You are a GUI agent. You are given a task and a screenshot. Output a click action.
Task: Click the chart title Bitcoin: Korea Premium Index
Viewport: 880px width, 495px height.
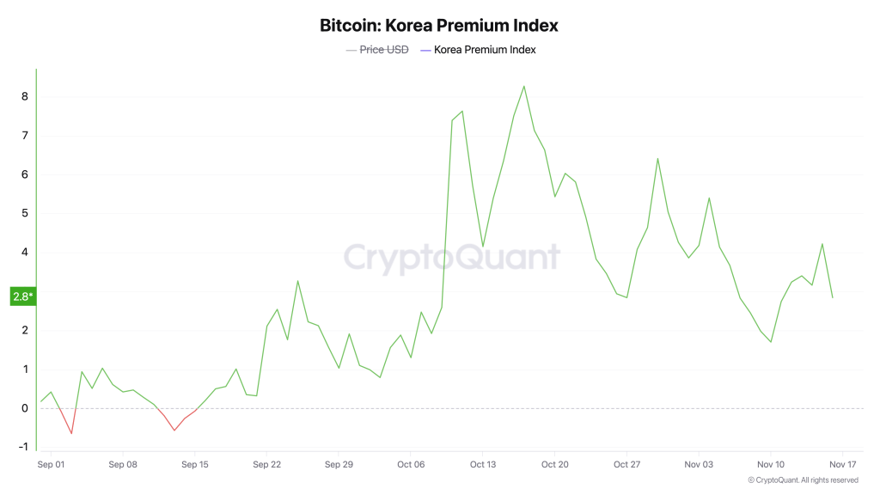point(439,25)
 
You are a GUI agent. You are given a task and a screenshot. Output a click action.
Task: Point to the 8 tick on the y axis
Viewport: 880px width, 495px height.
point(25,96)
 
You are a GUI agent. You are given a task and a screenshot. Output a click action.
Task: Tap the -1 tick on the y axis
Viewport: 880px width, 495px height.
point(23,447)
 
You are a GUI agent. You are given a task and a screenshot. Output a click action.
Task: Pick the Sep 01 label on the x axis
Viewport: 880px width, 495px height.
point(51,464)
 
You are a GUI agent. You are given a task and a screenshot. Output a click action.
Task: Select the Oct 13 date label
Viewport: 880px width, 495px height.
point(483,464)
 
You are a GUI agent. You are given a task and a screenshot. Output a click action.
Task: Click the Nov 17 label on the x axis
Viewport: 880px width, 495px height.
point(843,464)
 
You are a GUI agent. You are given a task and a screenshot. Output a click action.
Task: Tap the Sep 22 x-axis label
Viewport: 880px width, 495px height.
point(266,464)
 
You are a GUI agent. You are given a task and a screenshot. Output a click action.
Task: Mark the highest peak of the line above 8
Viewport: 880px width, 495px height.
point(524,86)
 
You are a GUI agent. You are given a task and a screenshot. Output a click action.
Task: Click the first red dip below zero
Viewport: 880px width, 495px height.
point(71,433)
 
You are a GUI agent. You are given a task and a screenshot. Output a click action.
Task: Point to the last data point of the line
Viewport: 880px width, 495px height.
point(832,297)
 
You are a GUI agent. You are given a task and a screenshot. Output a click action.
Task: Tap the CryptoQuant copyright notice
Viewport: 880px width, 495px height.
point(803,480)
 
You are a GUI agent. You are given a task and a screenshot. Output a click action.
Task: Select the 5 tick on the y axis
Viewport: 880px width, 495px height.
point(25,213)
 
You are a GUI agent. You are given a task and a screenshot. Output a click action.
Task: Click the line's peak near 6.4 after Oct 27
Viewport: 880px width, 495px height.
point(657,158)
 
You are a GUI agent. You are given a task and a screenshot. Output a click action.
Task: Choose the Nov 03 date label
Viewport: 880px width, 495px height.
point(699,464)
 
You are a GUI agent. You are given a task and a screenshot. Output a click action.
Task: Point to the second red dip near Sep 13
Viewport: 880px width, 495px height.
point(174,430)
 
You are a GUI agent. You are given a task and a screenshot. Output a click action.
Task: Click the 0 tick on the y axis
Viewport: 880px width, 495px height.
point(25,408)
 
